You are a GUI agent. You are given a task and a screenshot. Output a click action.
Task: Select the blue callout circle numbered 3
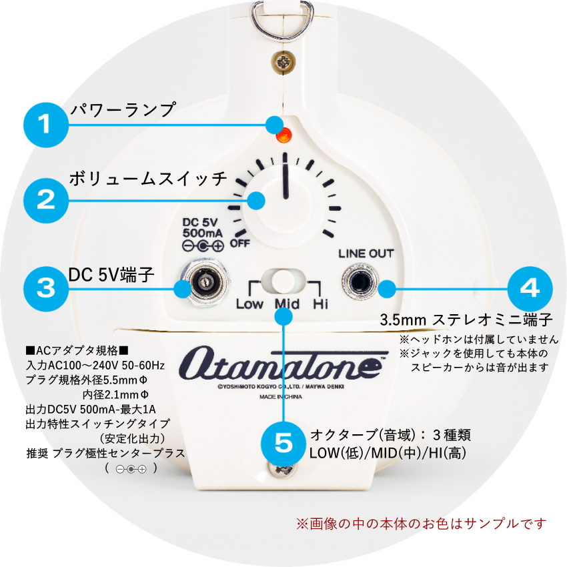45,288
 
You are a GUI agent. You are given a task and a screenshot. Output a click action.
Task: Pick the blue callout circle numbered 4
530,288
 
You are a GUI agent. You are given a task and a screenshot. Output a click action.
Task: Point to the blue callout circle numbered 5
285,442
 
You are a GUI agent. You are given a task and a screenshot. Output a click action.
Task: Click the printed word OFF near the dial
239,243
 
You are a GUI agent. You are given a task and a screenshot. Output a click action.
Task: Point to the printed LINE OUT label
366,253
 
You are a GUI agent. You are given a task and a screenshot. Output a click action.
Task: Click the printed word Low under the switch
249,304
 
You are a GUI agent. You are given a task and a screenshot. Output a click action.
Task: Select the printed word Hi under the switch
321,304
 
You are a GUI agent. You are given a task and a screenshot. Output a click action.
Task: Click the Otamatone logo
282,365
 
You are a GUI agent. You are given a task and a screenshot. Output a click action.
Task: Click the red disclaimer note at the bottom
421,523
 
